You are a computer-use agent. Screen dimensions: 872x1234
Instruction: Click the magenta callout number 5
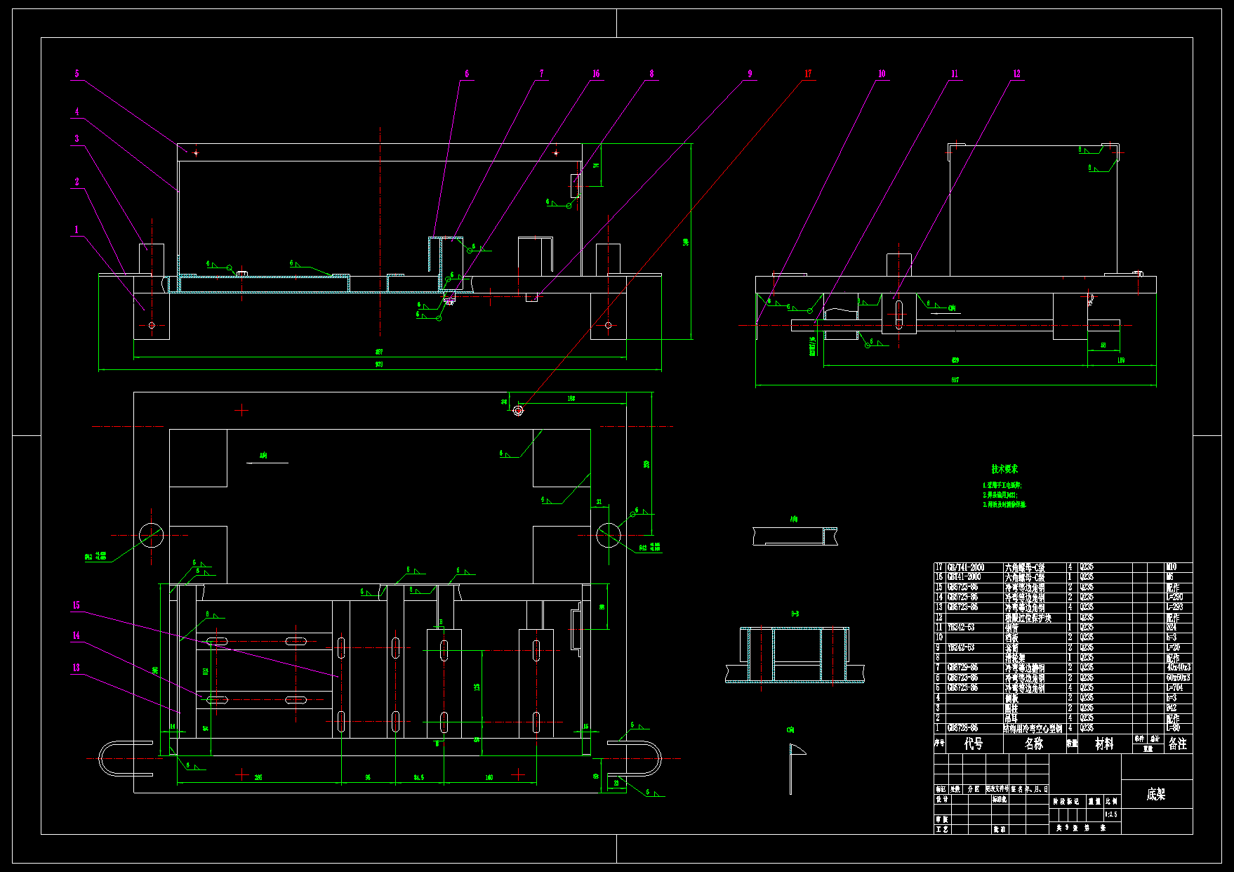(x=77, y=74)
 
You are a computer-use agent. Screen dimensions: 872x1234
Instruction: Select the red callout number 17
(x=808, y=74)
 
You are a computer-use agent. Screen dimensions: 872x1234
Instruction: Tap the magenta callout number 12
(x=1016, y=74)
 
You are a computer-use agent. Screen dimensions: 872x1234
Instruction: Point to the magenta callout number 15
(x=76, y=605)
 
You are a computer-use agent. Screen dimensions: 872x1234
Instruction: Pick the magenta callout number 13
(x=76, y=668)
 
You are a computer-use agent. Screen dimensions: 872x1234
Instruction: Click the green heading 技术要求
(x=1004, y=469)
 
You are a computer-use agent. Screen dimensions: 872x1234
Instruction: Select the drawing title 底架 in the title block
(x=1156, y=794)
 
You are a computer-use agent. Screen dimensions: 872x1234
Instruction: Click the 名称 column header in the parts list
(x=1034, y=744)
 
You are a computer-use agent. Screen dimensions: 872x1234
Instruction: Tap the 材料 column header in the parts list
(x=1105, y=744)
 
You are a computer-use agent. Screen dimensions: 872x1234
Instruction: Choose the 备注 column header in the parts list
(x=1177, y=744)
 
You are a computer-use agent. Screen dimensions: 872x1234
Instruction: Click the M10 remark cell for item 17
(x=1171, y=567)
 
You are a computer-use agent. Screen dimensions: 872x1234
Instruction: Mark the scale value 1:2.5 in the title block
(x=1111, y=814)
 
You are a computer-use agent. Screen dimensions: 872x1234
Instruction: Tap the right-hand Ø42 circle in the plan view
(x=609, y=535)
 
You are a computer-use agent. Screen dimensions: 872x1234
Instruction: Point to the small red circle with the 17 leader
(x=518, y=411)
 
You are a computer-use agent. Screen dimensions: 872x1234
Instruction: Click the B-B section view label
(x=795, y=614)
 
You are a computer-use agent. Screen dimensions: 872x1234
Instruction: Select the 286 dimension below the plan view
(x=258, y=777)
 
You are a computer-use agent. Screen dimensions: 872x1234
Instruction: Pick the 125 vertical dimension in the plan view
(x=477, y=687)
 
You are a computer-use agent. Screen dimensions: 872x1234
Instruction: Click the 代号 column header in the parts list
(x=974, y=744)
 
